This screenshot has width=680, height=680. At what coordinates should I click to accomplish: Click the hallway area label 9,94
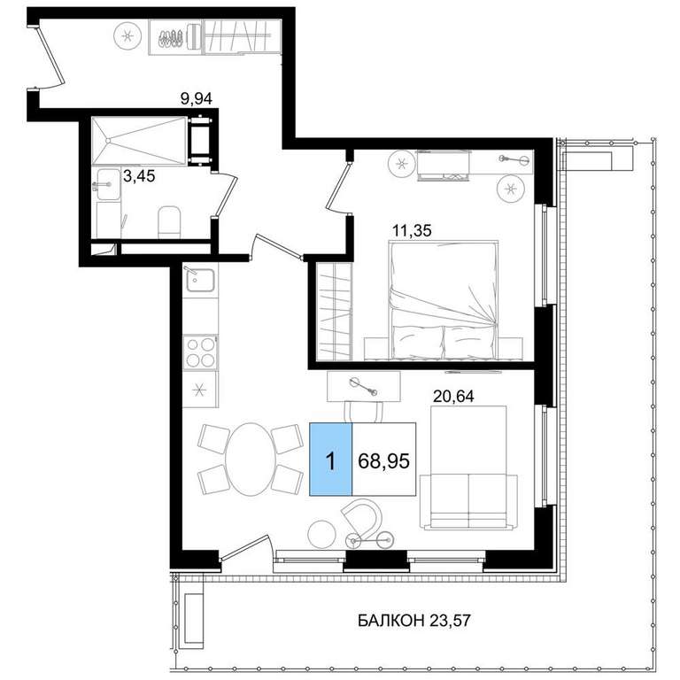(197, 99)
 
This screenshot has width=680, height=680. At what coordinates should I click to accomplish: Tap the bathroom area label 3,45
(139, 176)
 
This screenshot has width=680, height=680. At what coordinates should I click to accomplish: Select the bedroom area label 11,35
(412, 230)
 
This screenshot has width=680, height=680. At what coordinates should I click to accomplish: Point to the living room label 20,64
(453, 396)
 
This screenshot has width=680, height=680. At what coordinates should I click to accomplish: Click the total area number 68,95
(383, 460)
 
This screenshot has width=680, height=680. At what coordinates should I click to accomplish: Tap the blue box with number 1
(330, 460)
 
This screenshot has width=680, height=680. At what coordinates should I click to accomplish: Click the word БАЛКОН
(391, 621)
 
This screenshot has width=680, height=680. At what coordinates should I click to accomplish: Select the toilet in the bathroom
(169, 221)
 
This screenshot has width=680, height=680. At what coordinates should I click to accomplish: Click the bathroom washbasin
(107, 185)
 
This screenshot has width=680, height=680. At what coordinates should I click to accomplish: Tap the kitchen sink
(200, 280)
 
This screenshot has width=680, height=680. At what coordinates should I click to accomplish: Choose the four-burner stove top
(200, 352)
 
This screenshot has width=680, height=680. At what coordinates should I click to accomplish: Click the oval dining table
(251, 460)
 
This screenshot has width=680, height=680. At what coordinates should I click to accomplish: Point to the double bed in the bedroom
(444, 300)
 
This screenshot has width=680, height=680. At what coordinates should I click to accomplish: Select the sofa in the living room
(468, 467)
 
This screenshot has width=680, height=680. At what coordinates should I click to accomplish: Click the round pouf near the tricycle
(321, 534)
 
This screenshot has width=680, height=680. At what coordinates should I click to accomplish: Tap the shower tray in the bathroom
(139, 141)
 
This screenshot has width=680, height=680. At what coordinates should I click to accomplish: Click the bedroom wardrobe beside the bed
(334, 311)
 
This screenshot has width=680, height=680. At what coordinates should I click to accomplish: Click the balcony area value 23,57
(450, 621)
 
